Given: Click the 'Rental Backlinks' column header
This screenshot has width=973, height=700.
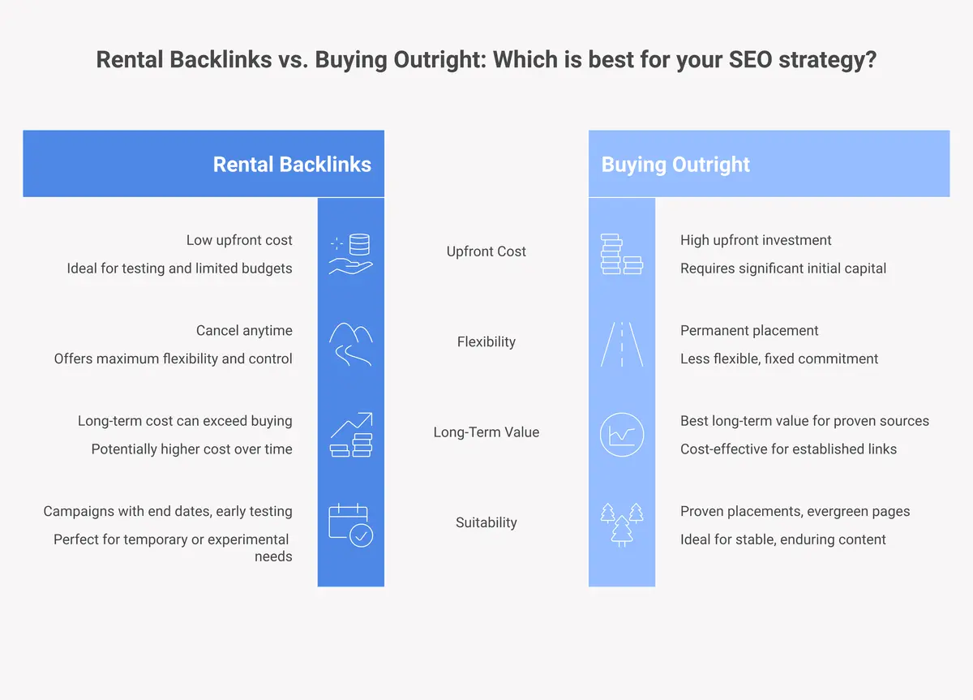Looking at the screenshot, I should coord(292,165).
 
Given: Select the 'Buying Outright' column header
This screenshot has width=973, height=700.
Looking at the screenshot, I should coord(675,165).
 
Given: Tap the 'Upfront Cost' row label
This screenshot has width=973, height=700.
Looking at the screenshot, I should coord(486,251).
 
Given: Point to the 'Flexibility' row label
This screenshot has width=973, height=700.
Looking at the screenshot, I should coord(486,341).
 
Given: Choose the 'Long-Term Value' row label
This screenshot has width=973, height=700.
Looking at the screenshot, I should coord(486,432).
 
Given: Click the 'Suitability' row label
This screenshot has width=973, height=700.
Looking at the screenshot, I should coord(486,522).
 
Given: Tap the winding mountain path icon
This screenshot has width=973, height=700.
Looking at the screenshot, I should coord(351,344).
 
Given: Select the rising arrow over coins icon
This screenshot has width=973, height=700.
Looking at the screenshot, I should coord(351,434).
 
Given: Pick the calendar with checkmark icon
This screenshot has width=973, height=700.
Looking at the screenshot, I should coord(351,525).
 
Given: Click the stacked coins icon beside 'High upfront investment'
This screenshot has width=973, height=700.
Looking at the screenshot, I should coord(622,253).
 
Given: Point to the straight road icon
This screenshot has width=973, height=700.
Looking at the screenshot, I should coord(622,344).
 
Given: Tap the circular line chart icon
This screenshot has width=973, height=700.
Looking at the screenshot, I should coord(622,434).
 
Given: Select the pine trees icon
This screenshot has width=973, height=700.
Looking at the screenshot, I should coord(622,525).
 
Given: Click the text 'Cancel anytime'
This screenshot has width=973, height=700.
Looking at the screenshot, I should coord(244,330).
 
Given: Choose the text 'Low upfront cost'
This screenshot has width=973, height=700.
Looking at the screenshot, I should coord(239,240).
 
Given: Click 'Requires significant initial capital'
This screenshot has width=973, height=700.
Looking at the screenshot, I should coord(783,268).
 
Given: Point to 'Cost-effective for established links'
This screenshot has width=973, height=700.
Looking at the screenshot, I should coord(788,449).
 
